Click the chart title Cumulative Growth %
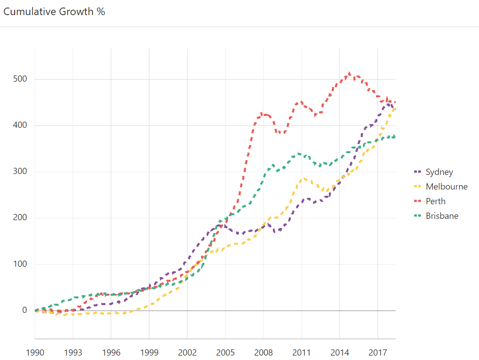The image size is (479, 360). coord(54,12)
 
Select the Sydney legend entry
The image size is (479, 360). coord(439,172)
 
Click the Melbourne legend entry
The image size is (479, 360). coord(446,186)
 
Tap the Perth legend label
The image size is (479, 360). coord(435,201)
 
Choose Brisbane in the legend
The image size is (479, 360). coord(442,216)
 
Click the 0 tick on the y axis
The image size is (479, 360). coord(25,310)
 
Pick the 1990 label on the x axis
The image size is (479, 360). coord(35,353)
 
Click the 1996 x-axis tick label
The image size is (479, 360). coord(111,353)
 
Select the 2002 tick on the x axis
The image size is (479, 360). coord(187,353)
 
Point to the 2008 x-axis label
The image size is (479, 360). coord(263,353)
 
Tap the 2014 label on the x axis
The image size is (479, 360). coord(340,353)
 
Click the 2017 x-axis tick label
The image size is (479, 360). coord(378,353)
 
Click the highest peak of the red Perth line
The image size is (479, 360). coord(349,73)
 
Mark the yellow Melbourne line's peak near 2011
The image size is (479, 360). coord(304,178)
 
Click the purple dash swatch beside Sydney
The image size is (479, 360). coord(417,172)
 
